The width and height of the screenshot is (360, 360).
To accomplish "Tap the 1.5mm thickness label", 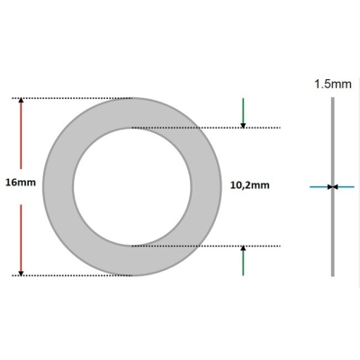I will [x=332, y=84].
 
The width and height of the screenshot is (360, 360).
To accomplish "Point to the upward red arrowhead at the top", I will [x=22, y=102].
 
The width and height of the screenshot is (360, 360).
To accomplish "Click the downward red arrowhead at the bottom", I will [x=22, y=270].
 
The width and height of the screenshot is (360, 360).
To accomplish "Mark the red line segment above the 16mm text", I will [x=22, y=135].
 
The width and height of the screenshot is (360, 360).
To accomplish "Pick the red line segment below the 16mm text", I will [x=22, y=234].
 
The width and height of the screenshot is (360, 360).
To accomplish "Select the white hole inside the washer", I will [x=131, y=185].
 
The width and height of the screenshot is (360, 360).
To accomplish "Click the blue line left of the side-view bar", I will [x=319, y=186].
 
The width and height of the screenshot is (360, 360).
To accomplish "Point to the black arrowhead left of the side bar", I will [x=328, y=186].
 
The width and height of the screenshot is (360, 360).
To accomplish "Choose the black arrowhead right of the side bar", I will [x=336, y=186].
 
